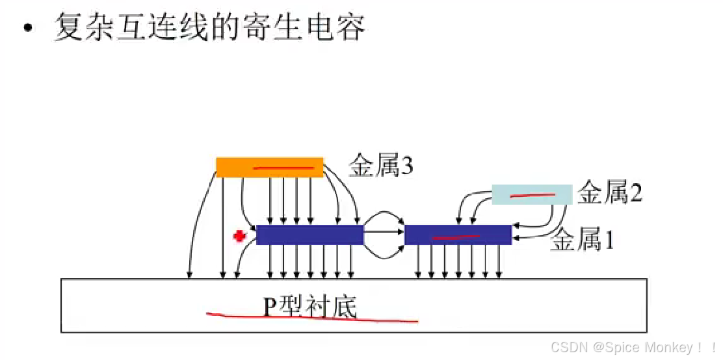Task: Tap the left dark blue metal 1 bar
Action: coord(309,235)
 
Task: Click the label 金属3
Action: coord(381,167)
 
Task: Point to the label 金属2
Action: coord(610,194)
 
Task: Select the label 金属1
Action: coord(582,241)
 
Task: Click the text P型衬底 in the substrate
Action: coord(310,305)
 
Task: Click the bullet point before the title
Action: coord(27,30)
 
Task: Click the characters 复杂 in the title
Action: coord(80,29)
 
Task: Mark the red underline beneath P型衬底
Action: coord(312,318)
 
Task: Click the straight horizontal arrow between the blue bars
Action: coord(384,231)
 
